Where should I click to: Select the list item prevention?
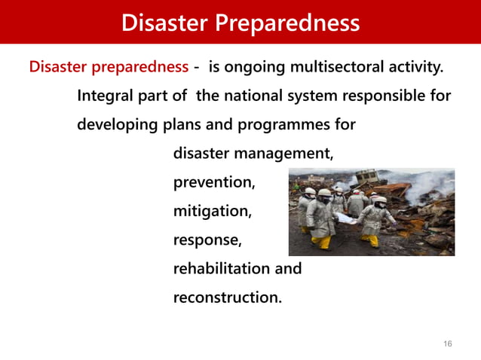[214, 182]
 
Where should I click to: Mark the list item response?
[208, 240]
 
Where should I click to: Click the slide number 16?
[448, 343]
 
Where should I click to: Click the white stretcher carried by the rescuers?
[349, 219]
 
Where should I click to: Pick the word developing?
[118, 125]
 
